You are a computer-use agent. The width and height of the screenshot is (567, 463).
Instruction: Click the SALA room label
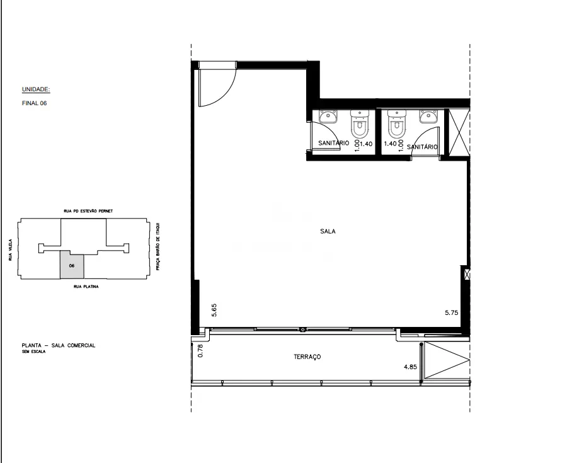(x=328, y=231)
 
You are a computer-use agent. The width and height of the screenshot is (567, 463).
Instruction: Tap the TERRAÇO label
(x=307, y=357)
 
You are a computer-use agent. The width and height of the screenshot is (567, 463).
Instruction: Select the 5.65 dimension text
(x=214, y=311)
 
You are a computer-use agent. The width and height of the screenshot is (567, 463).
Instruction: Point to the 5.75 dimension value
(x=452, y=312)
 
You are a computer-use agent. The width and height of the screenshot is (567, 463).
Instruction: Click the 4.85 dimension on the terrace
(x=410, y=367)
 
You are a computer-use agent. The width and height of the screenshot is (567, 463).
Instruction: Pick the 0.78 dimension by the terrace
(x=201, y=351)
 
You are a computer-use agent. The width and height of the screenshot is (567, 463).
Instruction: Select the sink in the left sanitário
(x=328, y=117)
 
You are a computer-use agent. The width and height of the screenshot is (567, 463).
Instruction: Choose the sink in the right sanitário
(x=429, y=117)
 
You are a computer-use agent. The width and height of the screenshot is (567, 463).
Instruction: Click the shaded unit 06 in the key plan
(x=72, y=265)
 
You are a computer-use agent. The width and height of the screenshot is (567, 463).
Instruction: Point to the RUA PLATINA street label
(x=86, y=287)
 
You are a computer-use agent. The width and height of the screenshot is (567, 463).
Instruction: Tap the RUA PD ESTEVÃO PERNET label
(x=88, y=211)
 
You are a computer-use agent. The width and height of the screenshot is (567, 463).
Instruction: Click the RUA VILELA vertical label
(x=11, y=249)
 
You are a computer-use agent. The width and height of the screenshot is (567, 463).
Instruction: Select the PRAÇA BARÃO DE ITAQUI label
(x=157, y=246)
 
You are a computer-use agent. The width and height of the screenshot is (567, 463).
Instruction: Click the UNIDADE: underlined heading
(x=36, y=89)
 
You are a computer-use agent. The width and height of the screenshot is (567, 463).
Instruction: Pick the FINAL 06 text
(x=35, y=103)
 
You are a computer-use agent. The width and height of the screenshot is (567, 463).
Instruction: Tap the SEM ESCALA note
(x=33, y=352)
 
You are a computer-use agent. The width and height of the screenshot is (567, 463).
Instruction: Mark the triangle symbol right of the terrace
(x=447, y=360)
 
